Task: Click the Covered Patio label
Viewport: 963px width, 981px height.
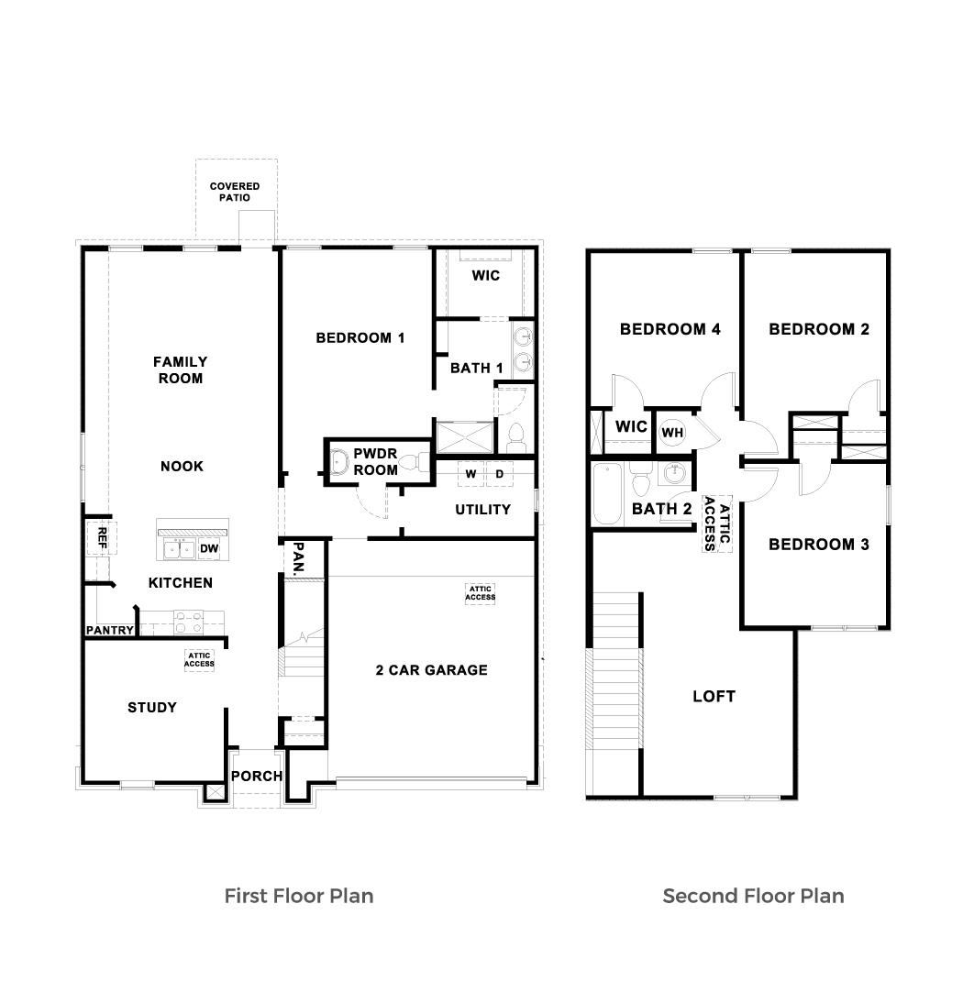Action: pos(235,192)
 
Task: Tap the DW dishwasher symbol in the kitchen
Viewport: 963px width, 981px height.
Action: pos(210,549)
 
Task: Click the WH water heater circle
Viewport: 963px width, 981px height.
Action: pos(672,432)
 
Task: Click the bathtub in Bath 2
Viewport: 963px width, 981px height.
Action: pos(607,494)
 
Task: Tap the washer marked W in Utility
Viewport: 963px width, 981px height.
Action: pos(470,474)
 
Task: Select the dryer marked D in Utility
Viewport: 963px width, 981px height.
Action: pos(500,474)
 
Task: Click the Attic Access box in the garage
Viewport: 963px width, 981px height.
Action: pos(480,593)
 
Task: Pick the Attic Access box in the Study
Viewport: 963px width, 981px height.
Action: pos(200,659)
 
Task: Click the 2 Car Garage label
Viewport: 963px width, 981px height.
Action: pos(431,670)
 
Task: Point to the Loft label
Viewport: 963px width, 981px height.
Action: pos(714,697)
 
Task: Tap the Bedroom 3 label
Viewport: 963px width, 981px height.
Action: pos(818,545)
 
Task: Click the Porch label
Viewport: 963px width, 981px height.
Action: pos(257,777)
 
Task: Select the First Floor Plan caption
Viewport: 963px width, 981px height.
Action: pos(299,896)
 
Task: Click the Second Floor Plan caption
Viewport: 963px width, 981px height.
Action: pos(753,896)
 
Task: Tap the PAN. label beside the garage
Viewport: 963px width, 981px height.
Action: pos(299,558)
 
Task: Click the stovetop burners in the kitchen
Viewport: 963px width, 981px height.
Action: pos(188,623)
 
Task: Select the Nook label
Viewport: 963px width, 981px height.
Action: pos(182,467)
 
